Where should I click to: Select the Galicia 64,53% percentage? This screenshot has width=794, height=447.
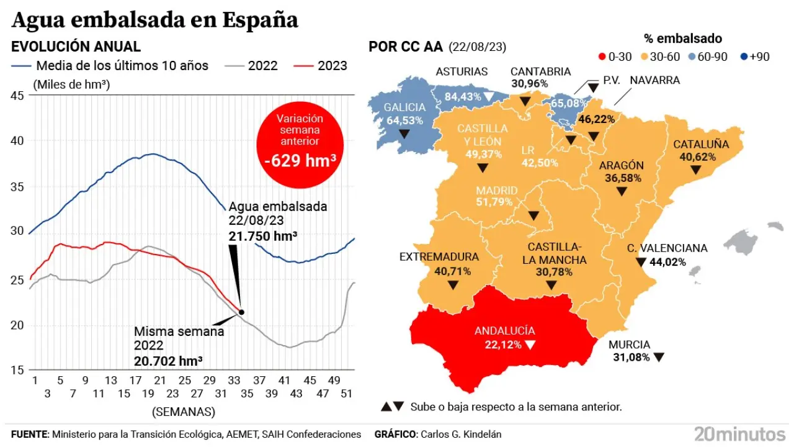point(404,120)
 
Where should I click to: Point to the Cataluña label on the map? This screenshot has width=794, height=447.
point(701,144)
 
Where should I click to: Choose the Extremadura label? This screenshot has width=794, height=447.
point(439,256)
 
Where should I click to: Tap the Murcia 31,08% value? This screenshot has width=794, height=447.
point(629,358)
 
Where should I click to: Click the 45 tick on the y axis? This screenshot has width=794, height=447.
point(17,95)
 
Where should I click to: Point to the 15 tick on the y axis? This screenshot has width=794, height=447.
point(17,370)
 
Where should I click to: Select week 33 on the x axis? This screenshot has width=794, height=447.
point(234,380)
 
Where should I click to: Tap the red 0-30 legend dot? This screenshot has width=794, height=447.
point(602,56)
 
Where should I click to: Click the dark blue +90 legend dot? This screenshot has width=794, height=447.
point(744,56)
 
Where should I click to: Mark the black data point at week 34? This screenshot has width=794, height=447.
point(241,312)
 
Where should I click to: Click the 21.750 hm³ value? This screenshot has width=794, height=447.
point(262,236)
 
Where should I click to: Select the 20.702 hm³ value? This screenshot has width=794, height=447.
point(168,360)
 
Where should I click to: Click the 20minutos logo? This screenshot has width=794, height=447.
point(739,433)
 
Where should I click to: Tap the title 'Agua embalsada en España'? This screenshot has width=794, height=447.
point(155,20)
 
